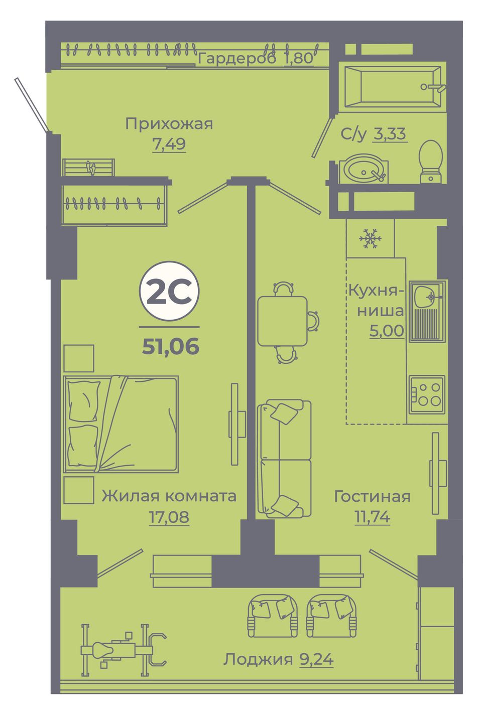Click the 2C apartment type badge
[169, 291]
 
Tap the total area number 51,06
[171, 346]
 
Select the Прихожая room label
[169, 124]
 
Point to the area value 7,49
[169, 144]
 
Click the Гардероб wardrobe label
[237, 58]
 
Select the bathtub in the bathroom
[393, 86]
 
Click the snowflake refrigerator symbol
[370, 238]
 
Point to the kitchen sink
[427, 311]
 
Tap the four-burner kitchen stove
[427, 394]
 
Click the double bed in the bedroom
[121, 423]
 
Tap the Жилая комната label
[169, 496]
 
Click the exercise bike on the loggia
[124, 650]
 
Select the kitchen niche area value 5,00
[387, 330]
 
